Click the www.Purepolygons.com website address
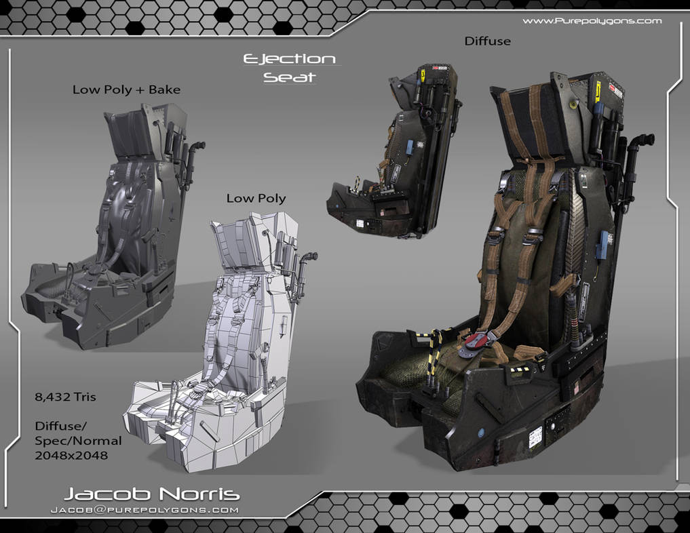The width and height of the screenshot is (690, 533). [x=592, y=20]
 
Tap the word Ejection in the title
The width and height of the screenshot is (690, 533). [x=290, y=60]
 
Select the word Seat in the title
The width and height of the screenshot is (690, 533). [x=290, y=77]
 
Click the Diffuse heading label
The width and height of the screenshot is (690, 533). [x=488, y=41]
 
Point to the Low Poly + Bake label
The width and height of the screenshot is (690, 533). [x=126, y=90]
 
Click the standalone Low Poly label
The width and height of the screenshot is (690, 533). [x=256, y=198]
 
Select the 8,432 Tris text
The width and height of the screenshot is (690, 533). [x=65, y=397]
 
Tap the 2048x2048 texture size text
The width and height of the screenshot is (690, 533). [x=71, y=455]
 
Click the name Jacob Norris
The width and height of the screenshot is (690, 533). [x=152, y=494]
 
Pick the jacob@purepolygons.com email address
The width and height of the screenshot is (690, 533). [x=145, y=510]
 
